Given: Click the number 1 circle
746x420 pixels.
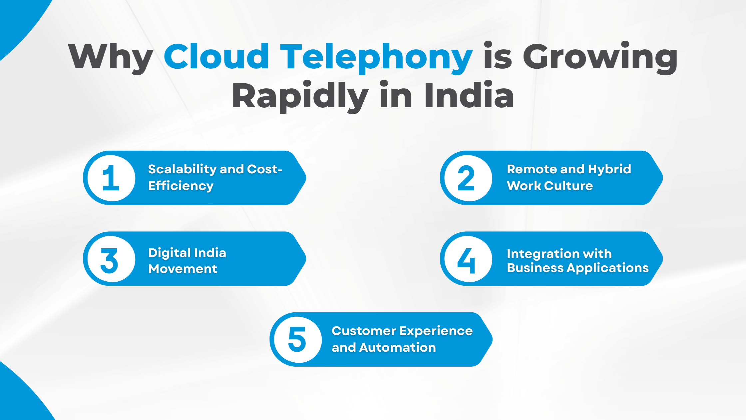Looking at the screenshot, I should [111, 178].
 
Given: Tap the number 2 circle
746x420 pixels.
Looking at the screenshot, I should [468, 178].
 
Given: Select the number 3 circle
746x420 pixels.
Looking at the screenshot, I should [111, 259].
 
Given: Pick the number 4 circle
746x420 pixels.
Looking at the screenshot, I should [468, 259].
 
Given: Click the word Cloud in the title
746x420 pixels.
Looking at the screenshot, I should [216, 57].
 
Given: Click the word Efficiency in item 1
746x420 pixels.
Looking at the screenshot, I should [181, 186].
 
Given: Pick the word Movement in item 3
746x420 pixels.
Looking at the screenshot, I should [183, 269].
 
